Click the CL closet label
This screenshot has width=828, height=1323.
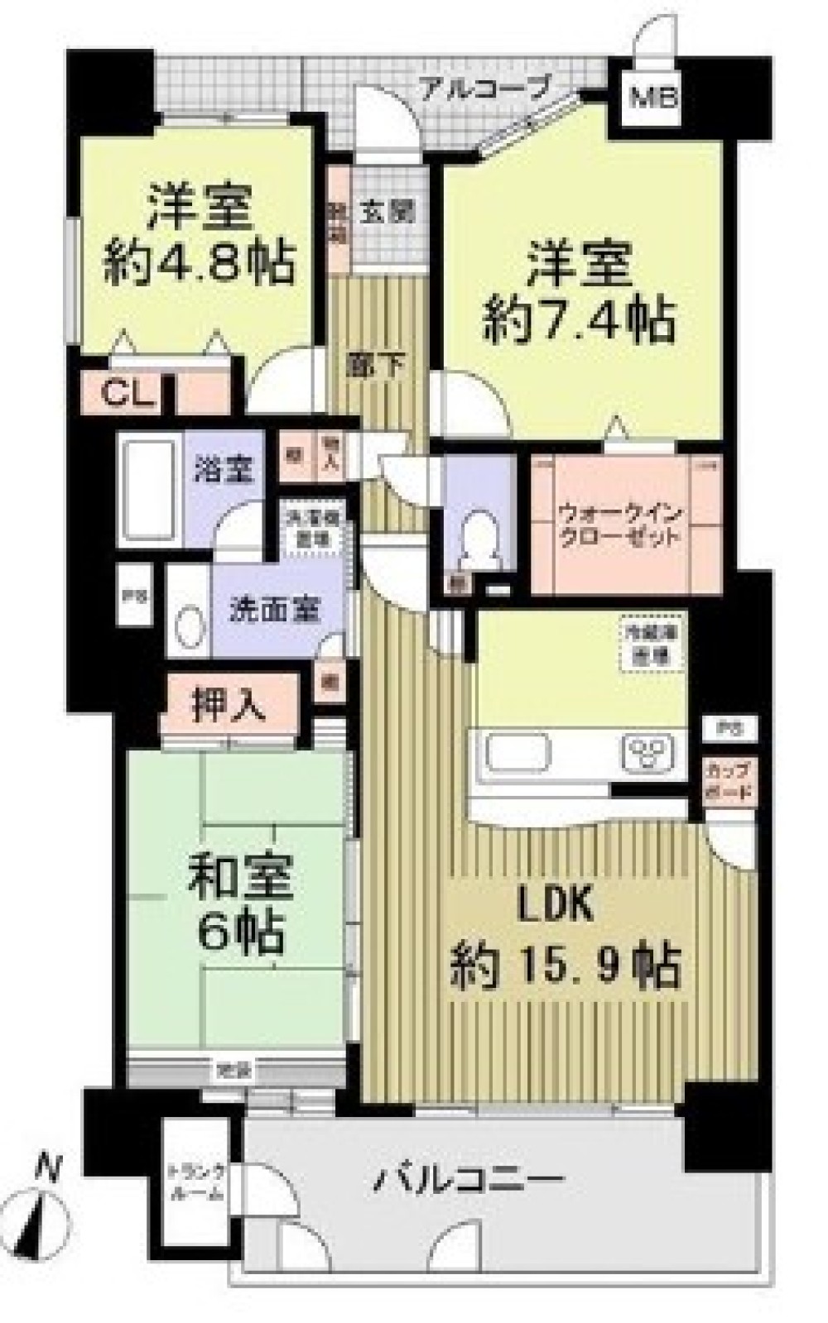point(128,395)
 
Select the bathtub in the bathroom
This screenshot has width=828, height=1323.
point(150,487)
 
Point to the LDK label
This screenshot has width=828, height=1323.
point(556,907)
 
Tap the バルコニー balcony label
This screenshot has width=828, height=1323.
point(469,1178)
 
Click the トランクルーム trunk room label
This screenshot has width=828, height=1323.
point(195,1182)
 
